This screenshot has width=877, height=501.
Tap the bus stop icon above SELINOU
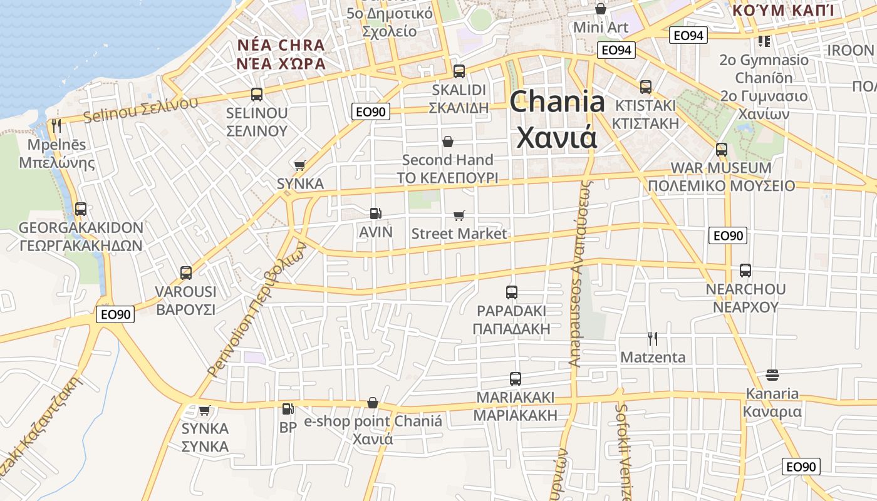point(256,95)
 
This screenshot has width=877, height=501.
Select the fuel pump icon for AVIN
point(375,214)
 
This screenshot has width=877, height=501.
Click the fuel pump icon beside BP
point(288,409)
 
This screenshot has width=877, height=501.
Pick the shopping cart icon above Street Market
point(459,215)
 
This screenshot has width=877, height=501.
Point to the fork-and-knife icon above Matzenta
point(653,339)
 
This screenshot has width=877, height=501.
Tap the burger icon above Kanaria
point(772,375)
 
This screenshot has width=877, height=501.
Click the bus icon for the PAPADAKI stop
point(511,292)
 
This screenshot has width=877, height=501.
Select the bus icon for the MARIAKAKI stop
point(515,378)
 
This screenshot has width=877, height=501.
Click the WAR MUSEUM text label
point(720,168)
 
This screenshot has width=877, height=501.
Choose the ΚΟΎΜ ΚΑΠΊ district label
point(783,10)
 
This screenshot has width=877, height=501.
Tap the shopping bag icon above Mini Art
point(600,9)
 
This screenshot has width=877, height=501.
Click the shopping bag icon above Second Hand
point(447,142)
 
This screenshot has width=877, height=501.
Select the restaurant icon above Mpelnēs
point(56,126)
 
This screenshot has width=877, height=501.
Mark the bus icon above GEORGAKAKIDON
point(80,209)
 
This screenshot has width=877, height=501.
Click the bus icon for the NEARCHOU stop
point(745,271)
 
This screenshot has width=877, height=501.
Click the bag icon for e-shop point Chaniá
point(373,402)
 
